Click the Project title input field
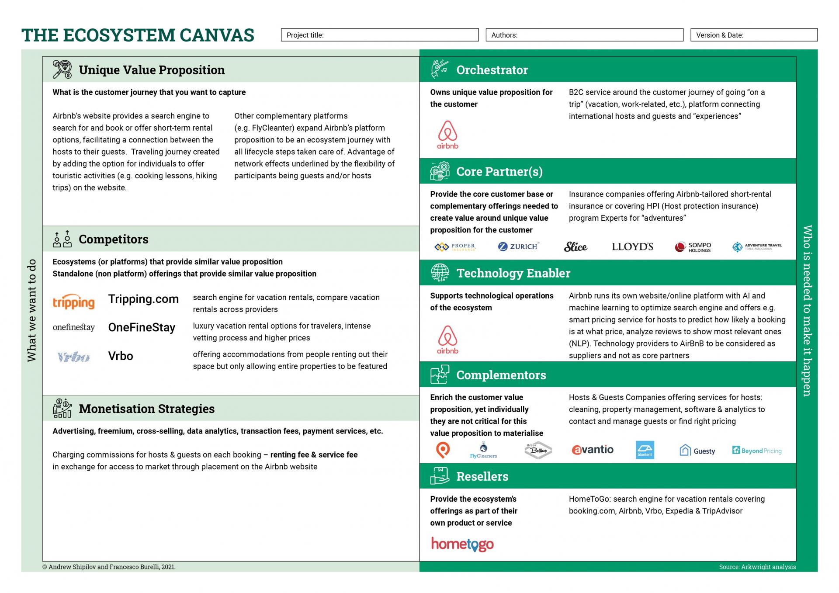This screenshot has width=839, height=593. (379, 35)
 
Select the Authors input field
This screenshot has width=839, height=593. (584, 35)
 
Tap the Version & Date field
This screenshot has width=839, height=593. (753, 35)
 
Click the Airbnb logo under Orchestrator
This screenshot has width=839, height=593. (447, 135)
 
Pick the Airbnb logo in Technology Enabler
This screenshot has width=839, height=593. (447, 340)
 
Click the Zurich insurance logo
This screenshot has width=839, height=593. (518, 246)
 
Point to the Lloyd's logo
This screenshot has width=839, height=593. (632, 247)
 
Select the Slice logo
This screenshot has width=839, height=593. (575, 247)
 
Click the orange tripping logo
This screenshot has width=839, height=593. (73, 302)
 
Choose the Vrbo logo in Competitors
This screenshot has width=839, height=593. (73, 357)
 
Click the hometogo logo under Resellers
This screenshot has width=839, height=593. (462, 544)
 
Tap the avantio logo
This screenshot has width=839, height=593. (592, 450)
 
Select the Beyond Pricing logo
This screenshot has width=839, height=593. (757, 451)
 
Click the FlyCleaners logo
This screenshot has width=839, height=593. (483, 450)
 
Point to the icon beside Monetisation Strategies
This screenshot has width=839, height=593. (62, 408)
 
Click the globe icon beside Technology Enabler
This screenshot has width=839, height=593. (440, 273)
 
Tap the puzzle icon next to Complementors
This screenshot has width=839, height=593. (439, 375)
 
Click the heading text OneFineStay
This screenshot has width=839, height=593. (142, 327)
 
